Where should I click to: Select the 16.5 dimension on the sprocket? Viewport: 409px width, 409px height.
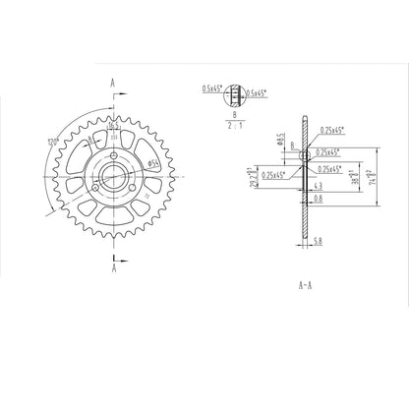point(114,126)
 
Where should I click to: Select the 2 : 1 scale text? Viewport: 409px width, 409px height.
point(232,126)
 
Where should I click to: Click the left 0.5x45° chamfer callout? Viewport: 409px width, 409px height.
point(211,88)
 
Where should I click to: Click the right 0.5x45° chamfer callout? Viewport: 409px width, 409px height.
point(259,92)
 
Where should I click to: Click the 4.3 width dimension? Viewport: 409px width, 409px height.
point(317,185)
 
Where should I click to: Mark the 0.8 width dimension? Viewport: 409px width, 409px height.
point(317,200)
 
